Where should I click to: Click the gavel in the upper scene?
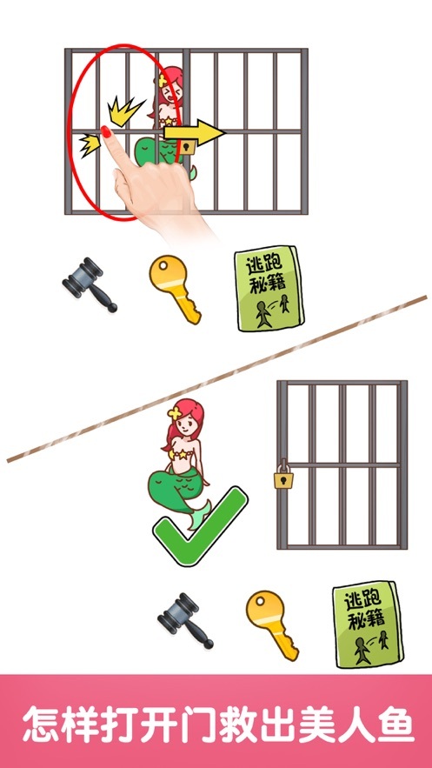(90, 284)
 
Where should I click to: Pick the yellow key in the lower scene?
(271, 621)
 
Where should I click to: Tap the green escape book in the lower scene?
(366, 627)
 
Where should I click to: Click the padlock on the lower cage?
(282, 477)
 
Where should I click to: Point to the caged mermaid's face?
(168, 88)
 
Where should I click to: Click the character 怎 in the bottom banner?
(42, 723)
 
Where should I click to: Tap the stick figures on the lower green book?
(369, 649)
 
